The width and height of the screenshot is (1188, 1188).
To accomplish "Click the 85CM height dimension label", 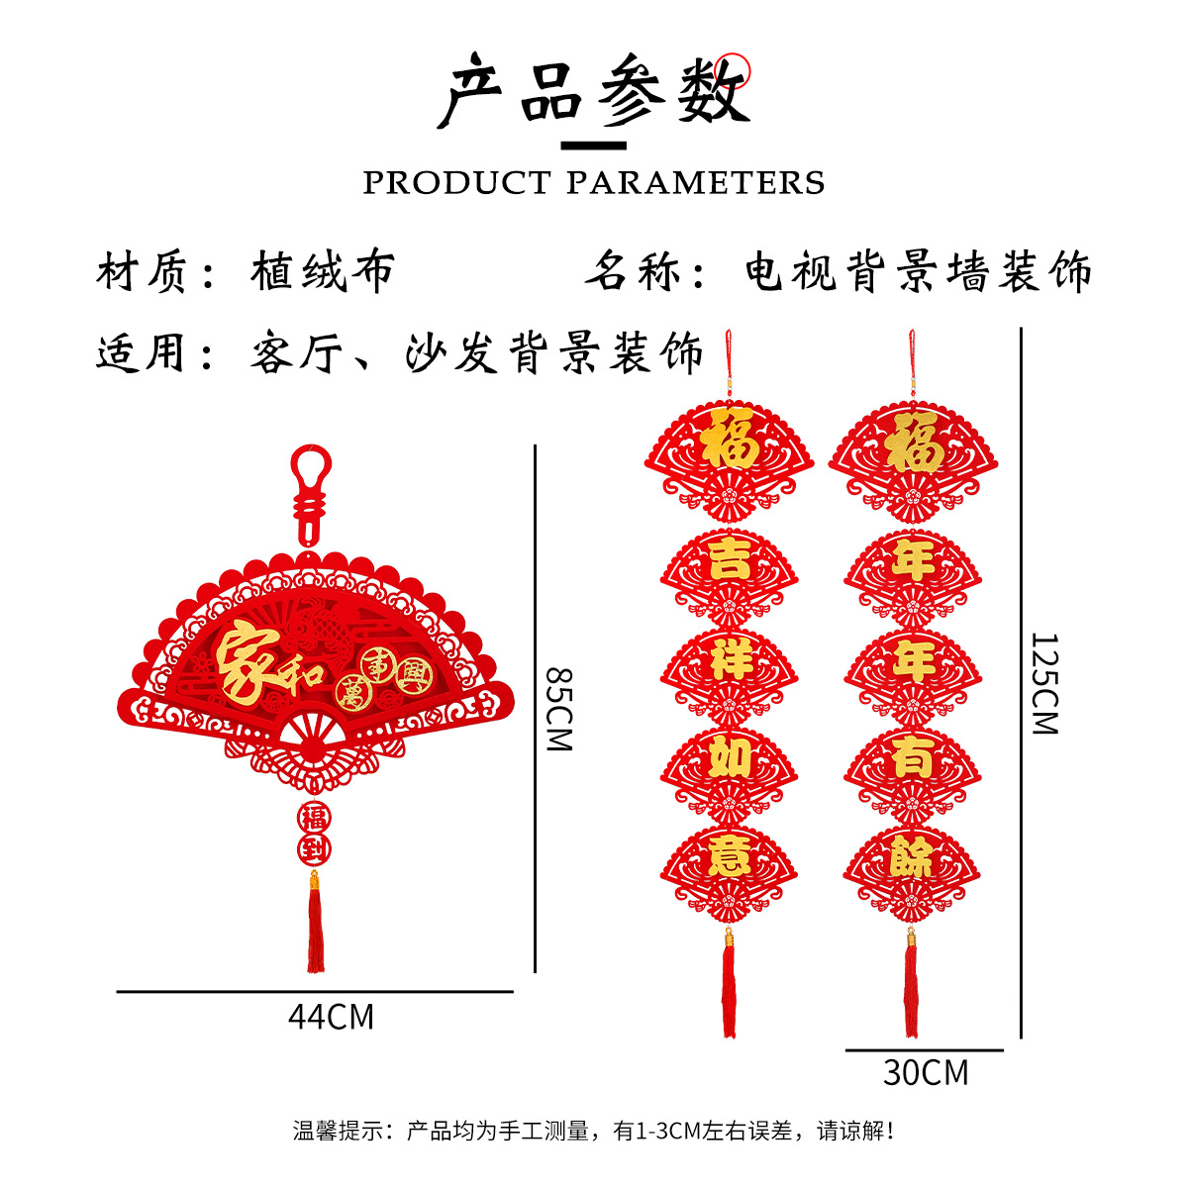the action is point(560,709).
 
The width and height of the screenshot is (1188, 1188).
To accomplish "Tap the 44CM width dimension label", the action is point(331,1017).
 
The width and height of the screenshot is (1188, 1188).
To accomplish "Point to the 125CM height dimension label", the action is point(1044,683).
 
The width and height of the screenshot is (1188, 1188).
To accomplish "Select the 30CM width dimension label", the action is point(926,1072).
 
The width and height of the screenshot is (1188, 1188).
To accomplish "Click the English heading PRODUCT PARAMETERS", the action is point(594,183).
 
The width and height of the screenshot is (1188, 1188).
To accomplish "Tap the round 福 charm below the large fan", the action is point(314,817).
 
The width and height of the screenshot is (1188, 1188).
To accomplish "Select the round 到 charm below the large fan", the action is point(314,848).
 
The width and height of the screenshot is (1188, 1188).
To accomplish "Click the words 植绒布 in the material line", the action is point(323,271).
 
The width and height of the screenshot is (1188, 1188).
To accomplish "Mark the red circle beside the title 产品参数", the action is point(735,68).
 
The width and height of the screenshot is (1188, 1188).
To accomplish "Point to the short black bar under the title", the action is point(594,147).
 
